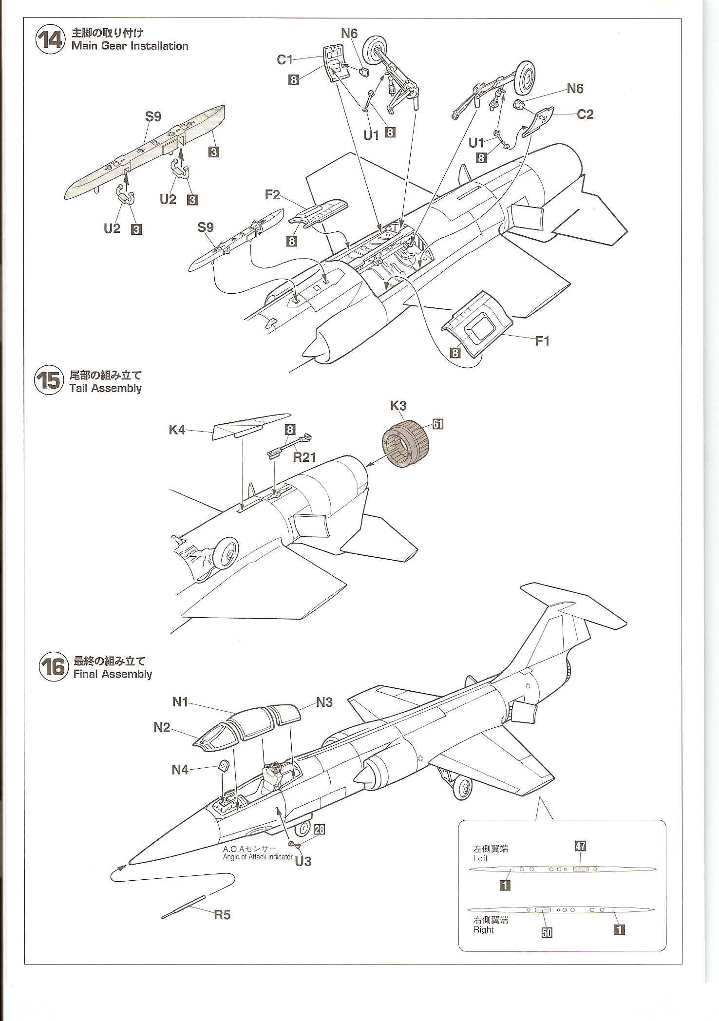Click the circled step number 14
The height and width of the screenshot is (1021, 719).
pyautogui.click(x=50, y=39)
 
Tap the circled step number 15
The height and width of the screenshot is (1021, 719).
pyautogui.click(x=50, y=380)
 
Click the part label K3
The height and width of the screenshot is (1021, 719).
pyautogui.click(x=398, y=406)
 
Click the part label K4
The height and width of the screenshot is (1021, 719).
pyautogui.click(x=177, y=429)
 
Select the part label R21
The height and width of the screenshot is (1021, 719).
pyautogui.click(x=304, y=457)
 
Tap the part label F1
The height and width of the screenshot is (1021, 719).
pyautogui.click(x=542, y=340)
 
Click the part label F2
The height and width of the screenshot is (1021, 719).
pyautogui.click(x=272, y=195)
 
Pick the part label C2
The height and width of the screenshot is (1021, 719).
pyautogui.click(x=585, y=114)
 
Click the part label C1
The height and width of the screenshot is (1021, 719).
pyautogui.click(x=284, y=59)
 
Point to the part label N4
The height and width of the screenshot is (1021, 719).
pyautogui.click(x=180, y=770)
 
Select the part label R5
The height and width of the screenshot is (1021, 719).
pyautogui.click(x=222, y=915)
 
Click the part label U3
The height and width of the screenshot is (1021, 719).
pyautogui.click(x=303, y=861)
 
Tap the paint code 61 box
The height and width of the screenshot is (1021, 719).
pyautogui.click(x=438, y=424)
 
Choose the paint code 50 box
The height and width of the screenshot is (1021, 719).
pyautogui.click(x=547, y=932)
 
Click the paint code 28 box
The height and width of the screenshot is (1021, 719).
pyautogui.click(x=319, y=830)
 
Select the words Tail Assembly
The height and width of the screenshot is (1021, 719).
pyautogui.click(x=106, y=388)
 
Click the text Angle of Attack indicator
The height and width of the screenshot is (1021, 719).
pyautogui.click(x=258, y=857)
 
